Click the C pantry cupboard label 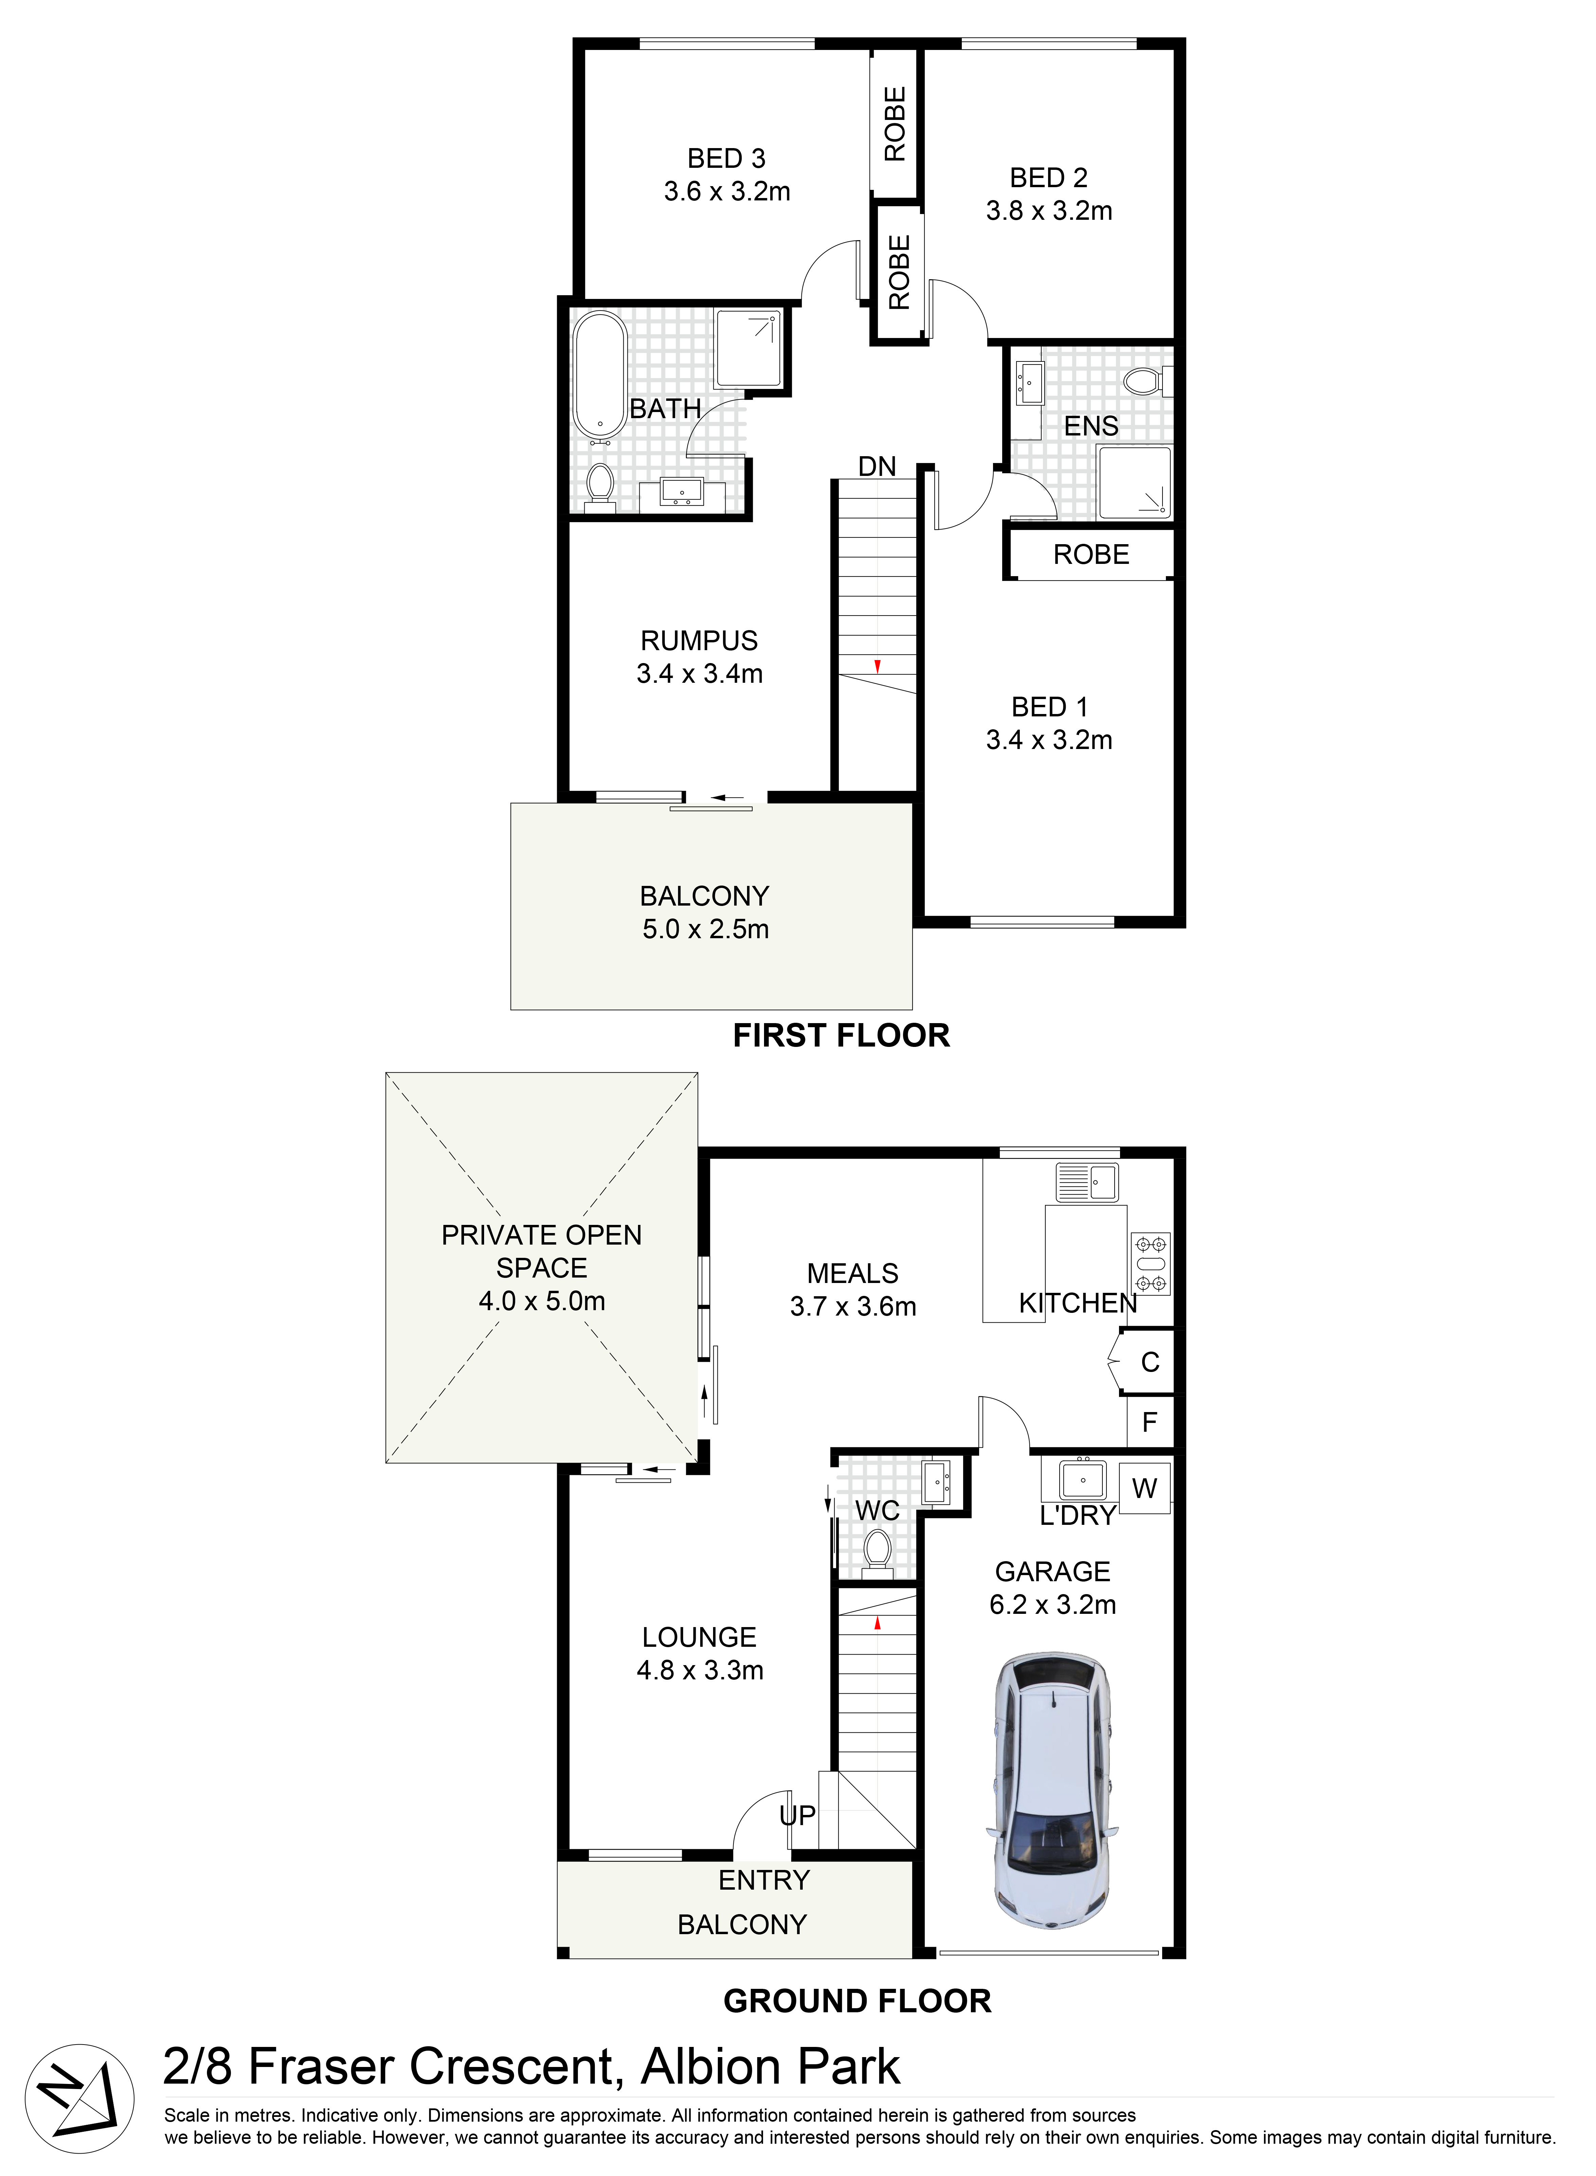(1150, 1362)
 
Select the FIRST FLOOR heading (840, 1035)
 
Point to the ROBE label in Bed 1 (1091, 554)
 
